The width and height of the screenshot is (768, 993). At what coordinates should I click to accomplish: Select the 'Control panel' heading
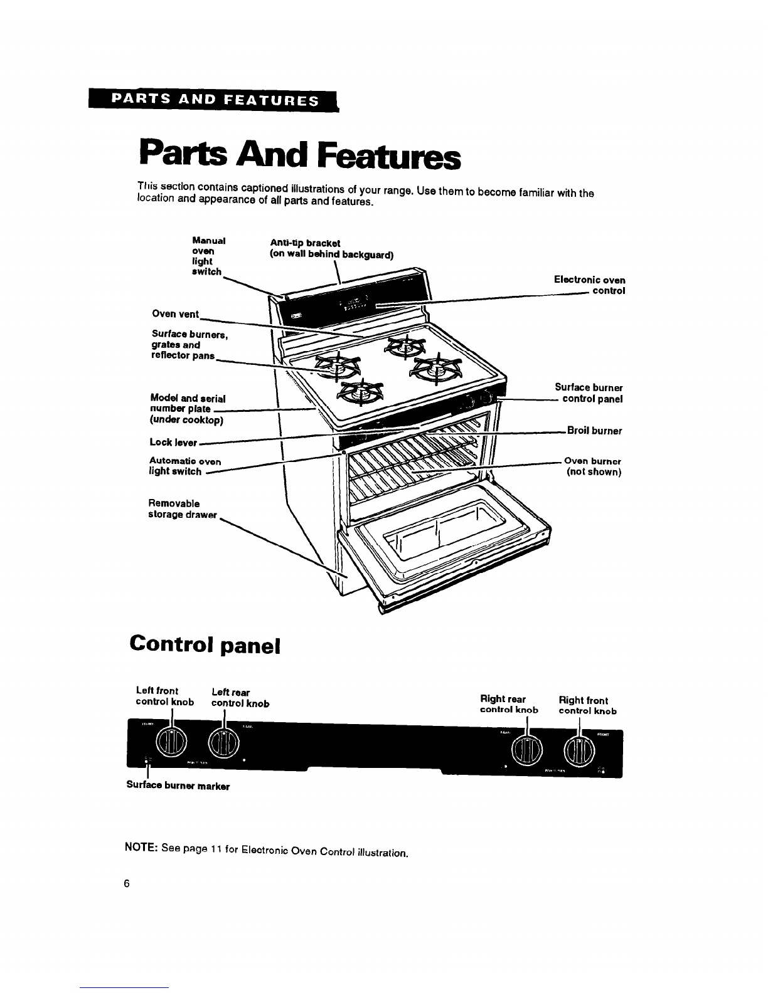[x=203, y=644]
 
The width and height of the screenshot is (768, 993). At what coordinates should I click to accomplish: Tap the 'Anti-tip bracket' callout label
[x=323, y=248]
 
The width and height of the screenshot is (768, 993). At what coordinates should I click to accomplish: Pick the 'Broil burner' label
[x=594, y=431]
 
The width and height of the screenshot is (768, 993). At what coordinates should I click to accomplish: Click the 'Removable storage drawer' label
[x=183, y=509]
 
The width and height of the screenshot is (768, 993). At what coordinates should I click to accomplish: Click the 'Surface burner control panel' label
[x=589, y=393]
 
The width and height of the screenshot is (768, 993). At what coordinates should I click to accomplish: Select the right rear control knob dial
[x=527, y=750]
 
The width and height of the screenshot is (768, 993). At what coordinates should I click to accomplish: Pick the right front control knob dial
[x=579, y=750]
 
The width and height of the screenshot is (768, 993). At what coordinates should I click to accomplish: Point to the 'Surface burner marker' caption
[x=178, y=785]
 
